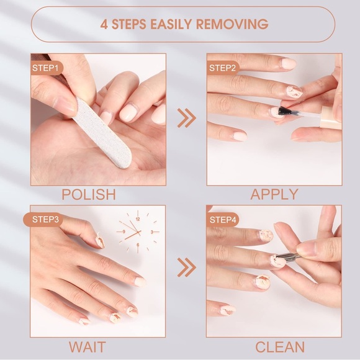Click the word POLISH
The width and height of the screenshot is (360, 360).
click(89, 194)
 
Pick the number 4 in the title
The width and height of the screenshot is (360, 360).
click(104, 25)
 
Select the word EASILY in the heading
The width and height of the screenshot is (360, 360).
click(169, 25)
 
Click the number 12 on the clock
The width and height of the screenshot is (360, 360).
click(137, 219)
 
